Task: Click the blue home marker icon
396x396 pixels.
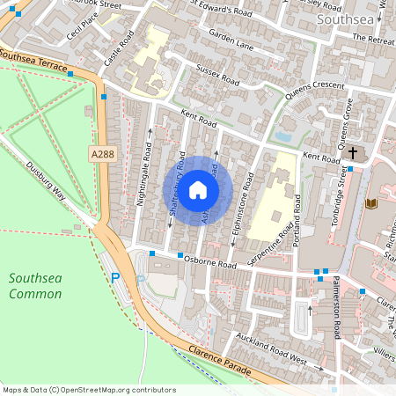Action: [x=198, y=190]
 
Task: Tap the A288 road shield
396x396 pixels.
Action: [x=102, y=154]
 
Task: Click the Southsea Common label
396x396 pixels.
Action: [x=35, y=285]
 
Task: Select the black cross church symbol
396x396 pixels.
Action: [x=353, y=151]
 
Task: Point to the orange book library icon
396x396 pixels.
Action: [x=370, y=204]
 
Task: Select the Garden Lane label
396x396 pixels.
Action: [x=231, y=40]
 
